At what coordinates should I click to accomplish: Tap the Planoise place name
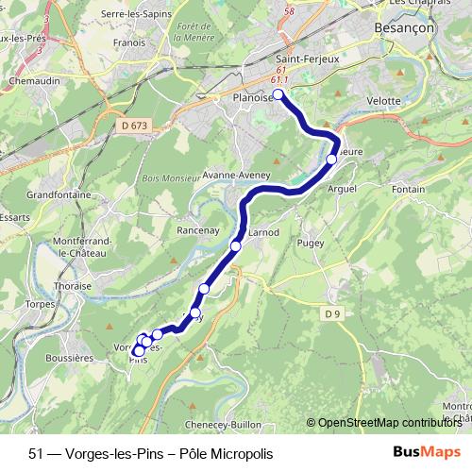pyautogui.click(x=252, y=96)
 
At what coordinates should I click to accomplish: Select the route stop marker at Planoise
pyautogui.click(x=279, y=94)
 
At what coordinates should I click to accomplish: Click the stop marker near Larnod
pyautogui.click(x=236, y=245)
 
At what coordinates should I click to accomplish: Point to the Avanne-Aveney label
pyautogui.click(x=237, y=176)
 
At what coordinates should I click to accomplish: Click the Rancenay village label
pyautogui.click(x=198, y=229)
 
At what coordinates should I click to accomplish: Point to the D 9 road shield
pyautogui.click(x=330, y=313)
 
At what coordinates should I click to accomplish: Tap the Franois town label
pyautogui.click(x=128, y=42)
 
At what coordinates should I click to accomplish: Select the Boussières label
pyautogui.click(x=69, y=358)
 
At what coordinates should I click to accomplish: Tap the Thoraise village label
pyautogui.click(x=73, y=285)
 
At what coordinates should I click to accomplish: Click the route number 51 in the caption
pyautogui.click(x=36, y=451)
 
